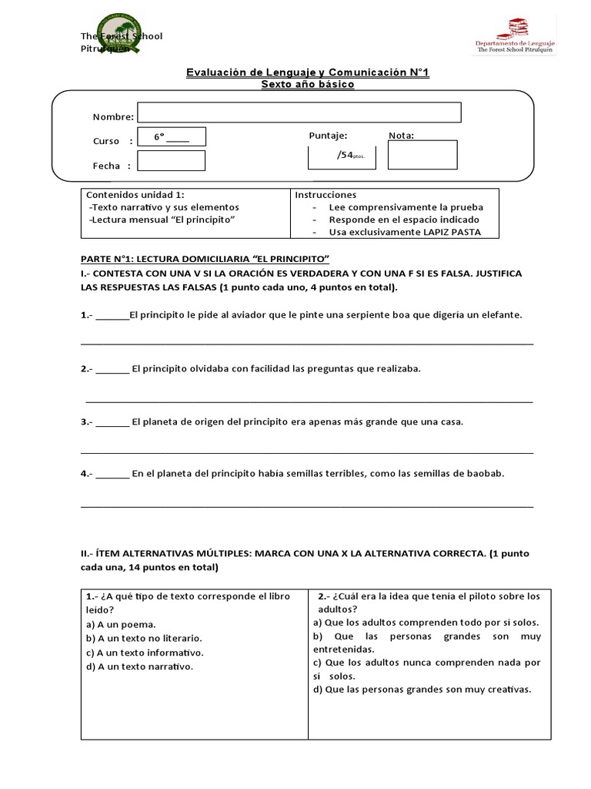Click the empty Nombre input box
299,112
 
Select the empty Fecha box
171,161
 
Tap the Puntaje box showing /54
342,155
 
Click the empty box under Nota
422,155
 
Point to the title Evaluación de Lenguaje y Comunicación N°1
309,72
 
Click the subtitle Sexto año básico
308,84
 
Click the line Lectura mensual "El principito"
162,220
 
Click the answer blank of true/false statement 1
113,315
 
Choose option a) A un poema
122,624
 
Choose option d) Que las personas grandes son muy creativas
422,690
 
